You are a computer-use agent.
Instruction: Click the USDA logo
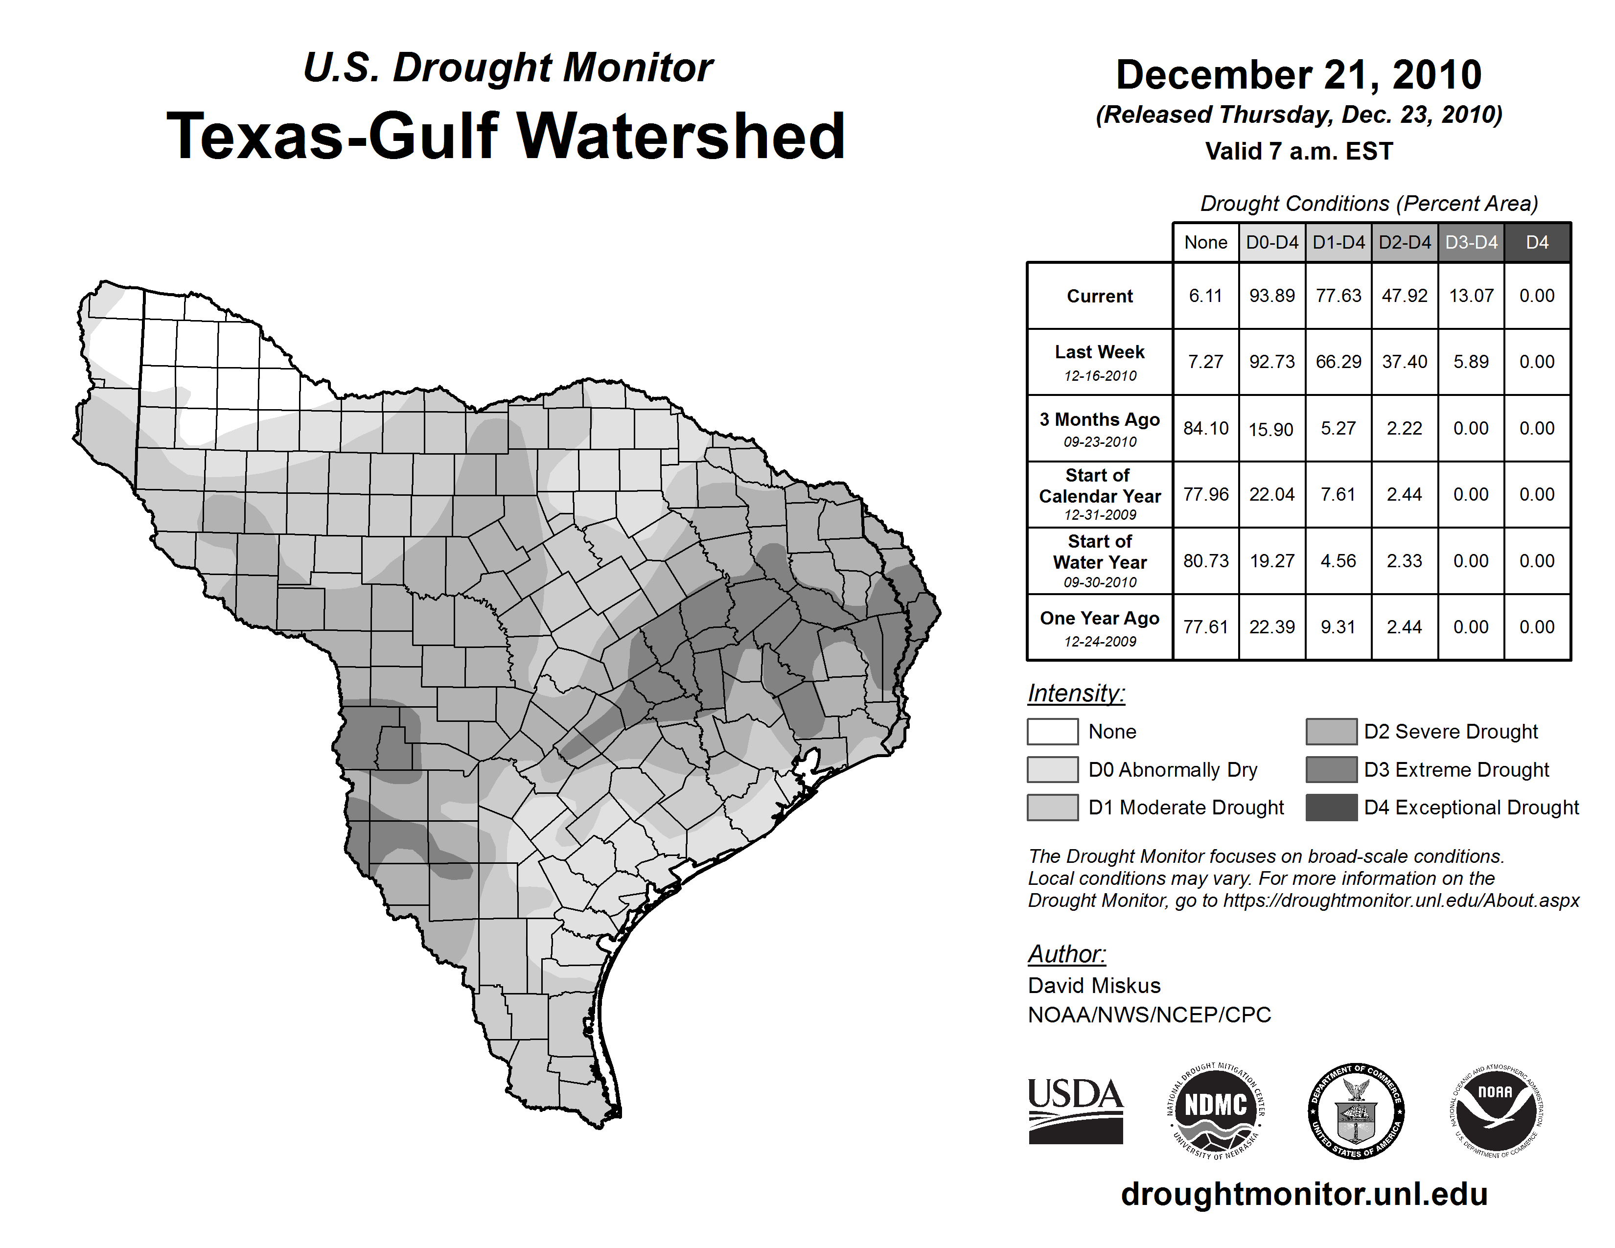click(1075, 1110)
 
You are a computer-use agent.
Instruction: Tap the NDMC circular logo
click(1216, 1110)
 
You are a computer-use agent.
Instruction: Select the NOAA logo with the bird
click(1495, 1110)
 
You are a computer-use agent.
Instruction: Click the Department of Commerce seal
click(1356, 1110)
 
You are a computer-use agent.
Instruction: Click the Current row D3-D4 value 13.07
click(1471, 296)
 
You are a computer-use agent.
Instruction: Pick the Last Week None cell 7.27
click(1205, 362)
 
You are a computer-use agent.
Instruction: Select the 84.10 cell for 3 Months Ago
click(1205, 428)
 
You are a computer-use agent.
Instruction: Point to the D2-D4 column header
click(1404, 242)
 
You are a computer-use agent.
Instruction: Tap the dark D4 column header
click(1537, 242)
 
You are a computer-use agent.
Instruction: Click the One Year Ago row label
click(1100, 627)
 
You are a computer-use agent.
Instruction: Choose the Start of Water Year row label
click(1100, 560)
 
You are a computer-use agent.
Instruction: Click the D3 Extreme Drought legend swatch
click(1331, 770)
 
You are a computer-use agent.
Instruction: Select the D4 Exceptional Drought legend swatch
click(1331, 808)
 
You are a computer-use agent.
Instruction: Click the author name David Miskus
click(1094, 986)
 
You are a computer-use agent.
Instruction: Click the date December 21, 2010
click(1298, 75)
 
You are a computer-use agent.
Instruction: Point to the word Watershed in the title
click(680, 136)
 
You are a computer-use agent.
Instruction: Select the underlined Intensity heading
click(1076, 693)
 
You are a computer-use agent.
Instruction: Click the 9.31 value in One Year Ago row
click(1338, 627)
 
